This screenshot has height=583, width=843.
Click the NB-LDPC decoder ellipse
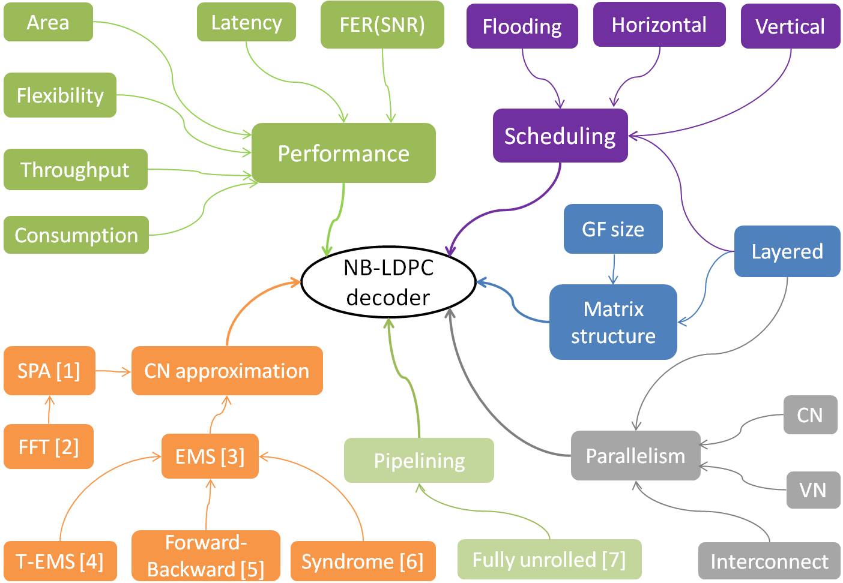(388, 282)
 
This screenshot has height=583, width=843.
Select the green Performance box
(343, 153)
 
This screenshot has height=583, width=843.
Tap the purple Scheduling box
(560, 136)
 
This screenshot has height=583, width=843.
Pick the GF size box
(613, 229)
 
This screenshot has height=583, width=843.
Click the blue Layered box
(787, 251)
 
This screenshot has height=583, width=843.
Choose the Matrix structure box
(613, 322)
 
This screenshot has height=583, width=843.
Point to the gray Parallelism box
(635, 455)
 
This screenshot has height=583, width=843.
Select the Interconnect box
(769, 561)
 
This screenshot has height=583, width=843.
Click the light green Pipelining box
(419, 460)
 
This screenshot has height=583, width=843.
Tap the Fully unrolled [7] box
(549, 559)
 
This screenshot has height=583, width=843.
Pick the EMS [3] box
(210, 456)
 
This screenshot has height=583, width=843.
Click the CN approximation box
(227, 371)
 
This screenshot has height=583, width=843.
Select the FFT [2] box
(49, 446)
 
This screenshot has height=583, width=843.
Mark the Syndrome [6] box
(362, 561)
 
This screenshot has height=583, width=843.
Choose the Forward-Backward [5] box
(205, 555)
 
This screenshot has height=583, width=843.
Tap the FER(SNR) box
(382, 25)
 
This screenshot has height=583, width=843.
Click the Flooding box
(522, 26)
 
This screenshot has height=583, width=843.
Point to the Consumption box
(76, 235)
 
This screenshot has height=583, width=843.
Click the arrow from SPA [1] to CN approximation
(113, 372)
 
